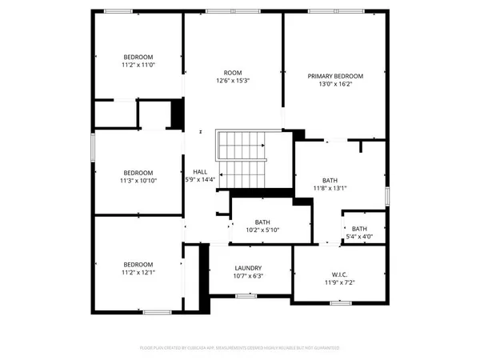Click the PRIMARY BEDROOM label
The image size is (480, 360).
[335, 76]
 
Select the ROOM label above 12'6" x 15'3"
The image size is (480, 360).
[233, 71]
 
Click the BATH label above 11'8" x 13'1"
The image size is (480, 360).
[330, 181]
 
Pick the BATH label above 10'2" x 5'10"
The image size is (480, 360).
[262, 222]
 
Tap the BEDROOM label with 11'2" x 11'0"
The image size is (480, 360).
[138, 57]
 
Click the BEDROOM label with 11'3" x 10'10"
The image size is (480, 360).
[138, 173]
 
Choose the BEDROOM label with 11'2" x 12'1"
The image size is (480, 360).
[138, 265]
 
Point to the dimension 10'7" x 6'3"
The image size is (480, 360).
[248, 276]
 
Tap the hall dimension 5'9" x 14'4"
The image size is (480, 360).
[199, 179]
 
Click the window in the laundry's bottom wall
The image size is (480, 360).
[246, 296]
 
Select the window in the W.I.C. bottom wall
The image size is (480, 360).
[341, 303]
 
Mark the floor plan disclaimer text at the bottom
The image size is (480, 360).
[240, 348]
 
